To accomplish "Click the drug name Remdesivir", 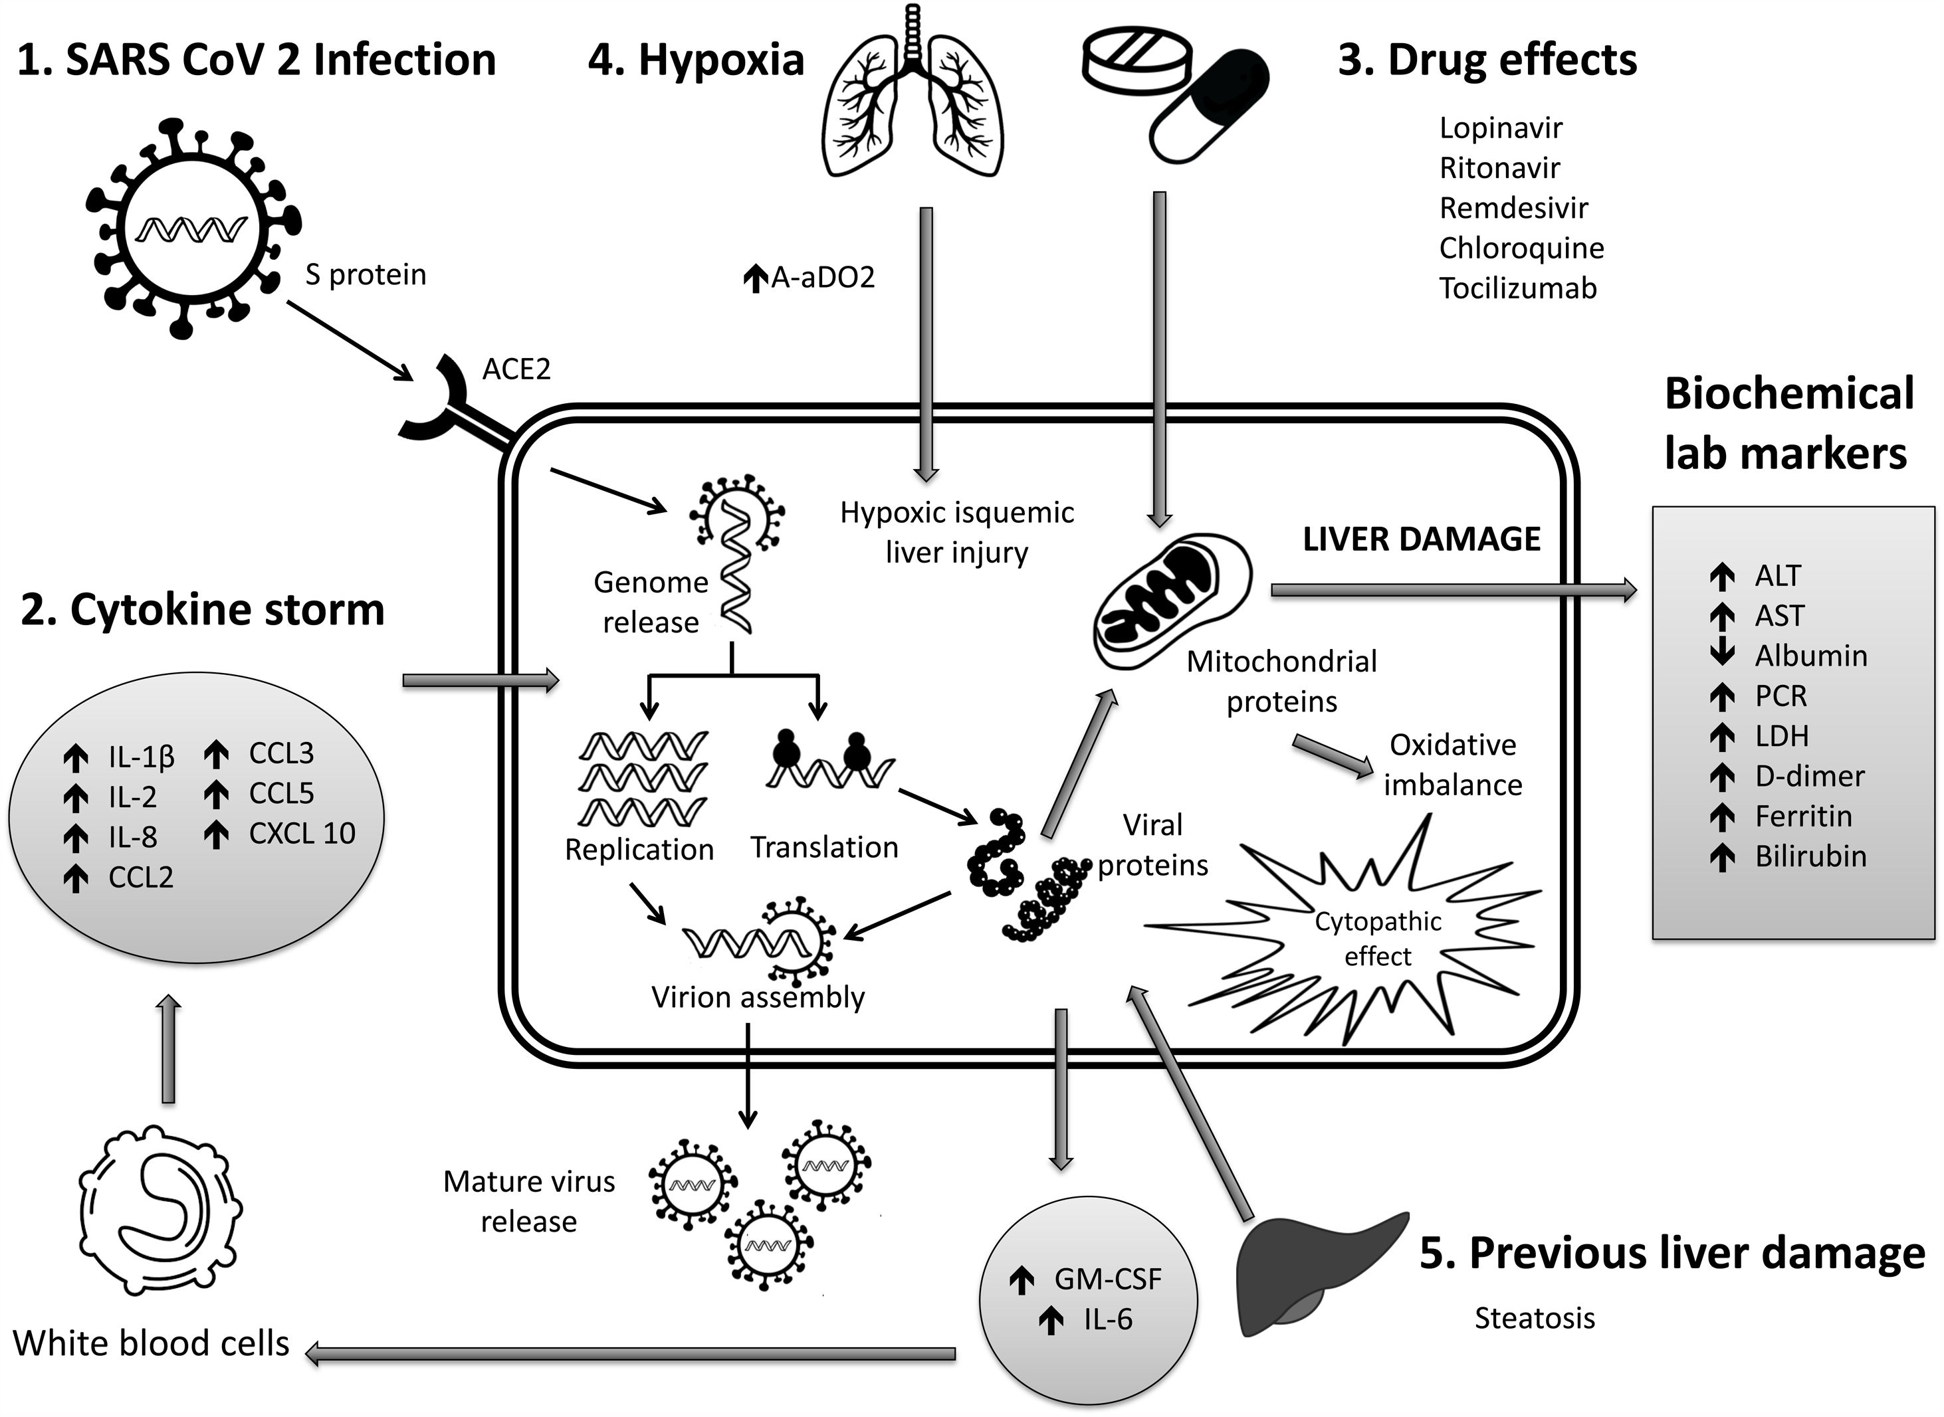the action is (x=1513, y=207).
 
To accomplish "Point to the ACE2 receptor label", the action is (x=516, y=369).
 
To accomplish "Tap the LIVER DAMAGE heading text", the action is (x=1422, y=539).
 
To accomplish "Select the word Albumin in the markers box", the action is (x=1811, y=655).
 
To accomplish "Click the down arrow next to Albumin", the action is (x=1722, y=654).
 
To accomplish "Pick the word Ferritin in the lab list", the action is (x=1803, y=816).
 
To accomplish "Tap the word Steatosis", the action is (x=1535, y=1317).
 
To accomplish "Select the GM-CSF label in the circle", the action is (x=1107, y=1279).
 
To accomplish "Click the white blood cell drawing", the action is (x=160, y=1214).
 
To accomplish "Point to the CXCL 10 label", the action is (x=302, y=833).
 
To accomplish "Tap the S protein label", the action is (x=366, y=274).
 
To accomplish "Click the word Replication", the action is (x=639, y=849).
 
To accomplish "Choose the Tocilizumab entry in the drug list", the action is (x=1517, y=288).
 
